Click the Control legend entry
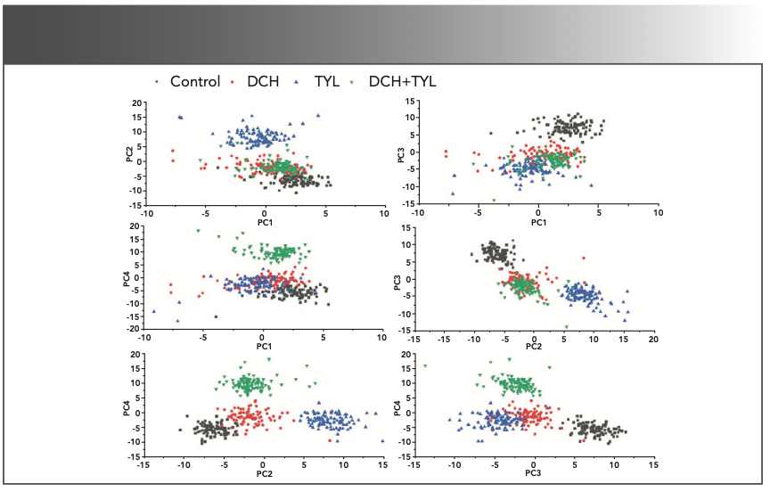[194, 82]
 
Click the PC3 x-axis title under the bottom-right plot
[534, 473]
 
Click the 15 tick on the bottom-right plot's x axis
[653, 465]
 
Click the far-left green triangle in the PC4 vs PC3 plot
[425, 365]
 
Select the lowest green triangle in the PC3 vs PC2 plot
[565, 326]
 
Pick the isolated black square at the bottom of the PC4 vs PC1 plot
[215, 316]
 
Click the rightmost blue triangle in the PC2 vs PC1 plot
[317, 115]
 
